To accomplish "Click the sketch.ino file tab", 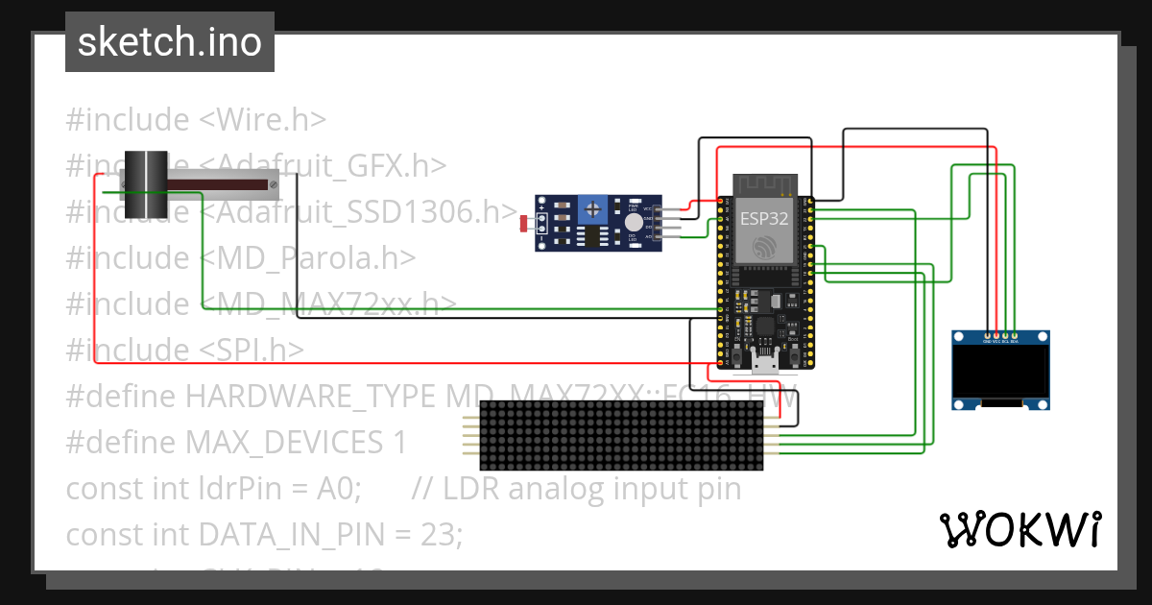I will [x=170, y=42].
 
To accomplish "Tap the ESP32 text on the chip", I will [x=764, y=218].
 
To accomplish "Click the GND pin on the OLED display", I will [x=986, y=337].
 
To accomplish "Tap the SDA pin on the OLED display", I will [x=1014, y=337].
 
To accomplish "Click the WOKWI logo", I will [x=1020, y=529].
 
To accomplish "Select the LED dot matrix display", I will [x=620, y=435].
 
